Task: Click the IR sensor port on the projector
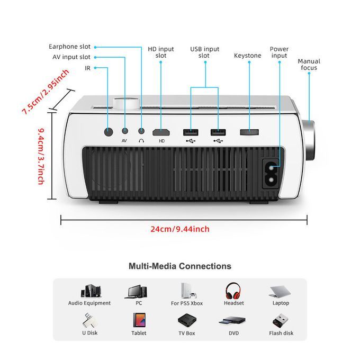pos(109,131)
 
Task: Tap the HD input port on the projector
pos(161,132)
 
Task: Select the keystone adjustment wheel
pos(249,132)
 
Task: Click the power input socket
pos(274,173)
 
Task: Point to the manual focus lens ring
pos(309,141)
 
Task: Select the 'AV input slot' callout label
pos(71,57)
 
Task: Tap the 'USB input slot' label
pos(204,52)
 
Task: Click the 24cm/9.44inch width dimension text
pos(180,229)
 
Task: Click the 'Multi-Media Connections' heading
pos(180,266)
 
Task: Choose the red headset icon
pos(233,291)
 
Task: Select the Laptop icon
pos(281,292)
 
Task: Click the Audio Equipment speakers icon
pos(89,291)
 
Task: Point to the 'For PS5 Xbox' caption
pos(186,303)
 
